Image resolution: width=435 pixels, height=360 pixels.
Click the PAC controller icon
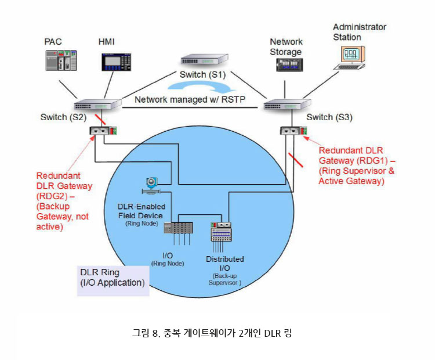point(62,61)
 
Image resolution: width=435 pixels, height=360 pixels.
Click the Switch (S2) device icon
point(97,105)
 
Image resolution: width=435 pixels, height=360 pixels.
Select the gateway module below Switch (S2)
point(104,131)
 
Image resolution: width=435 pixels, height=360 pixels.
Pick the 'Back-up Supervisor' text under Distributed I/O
point(224,279)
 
